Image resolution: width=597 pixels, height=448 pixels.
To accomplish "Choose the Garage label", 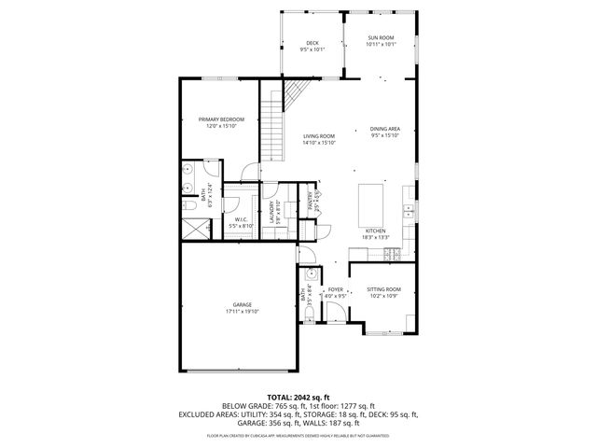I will click(x=242, y=308).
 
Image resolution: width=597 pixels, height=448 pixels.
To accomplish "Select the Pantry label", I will click(x=314, y=200).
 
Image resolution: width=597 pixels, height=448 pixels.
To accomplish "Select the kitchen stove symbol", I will click(x=395, y=252).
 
